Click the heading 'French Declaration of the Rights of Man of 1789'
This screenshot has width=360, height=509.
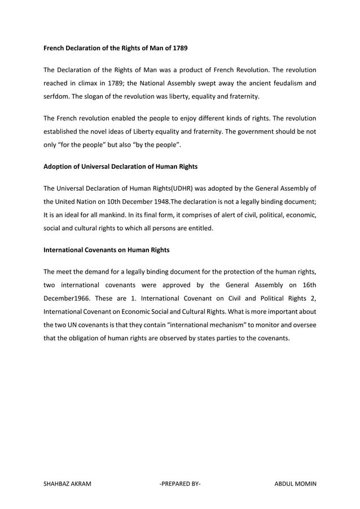coord(116,49)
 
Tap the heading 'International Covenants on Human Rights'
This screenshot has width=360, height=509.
coord(106,249)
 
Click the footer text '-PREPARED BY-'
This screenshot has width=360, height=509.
coord(180,484)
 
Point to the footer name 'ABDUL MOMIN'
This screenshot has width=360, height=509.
coord(295,484)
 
